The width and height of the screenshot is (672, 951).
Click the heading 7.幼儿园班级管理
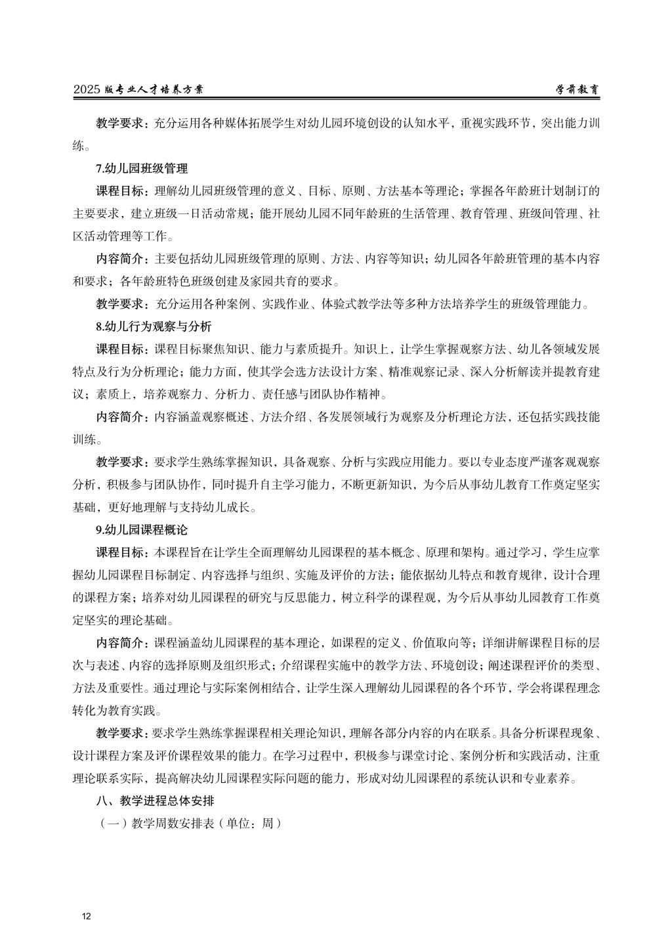tap(141, 169)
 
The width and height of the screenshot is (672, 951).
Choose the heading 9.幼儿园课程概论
tap(141, 529)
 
